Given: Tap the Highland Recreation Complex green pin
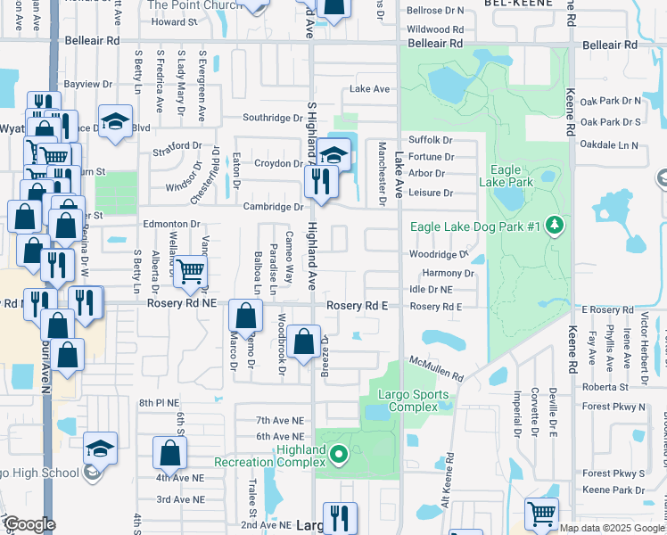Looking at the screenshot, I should (338, 457).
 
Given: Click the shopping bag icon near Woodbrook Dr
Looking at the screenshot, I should (303, 340).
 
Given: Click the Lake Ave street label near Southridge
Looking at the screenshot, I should (370, 89).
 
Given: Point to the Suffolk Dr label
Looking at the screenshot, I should (431, 140).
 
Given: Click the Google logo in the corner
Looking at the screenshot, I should (29, 525).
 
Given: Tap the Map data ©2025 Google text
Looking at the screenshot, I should (612, 528).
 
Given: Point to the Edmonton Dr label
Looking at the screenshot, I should (170, 225).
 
